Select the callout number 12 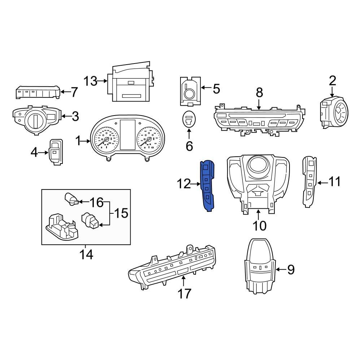click(x=184, y=184)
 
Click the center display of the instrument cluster click(x=128, y=135)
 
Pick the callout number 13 click(x=91, y=81)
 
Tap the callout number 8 click(x=259, y=93)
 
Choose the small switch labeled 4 click(x=56, y=152)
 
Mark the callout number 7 click(x=74, y=92)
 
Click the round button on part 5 click(x=190, y=94)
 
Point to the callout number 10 click(x=259, y=226)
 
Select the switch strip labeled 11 click(x=309, y=182)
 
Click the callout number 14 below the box click(x=87, y=255)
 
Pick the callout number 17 click(x=184, y=293)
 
